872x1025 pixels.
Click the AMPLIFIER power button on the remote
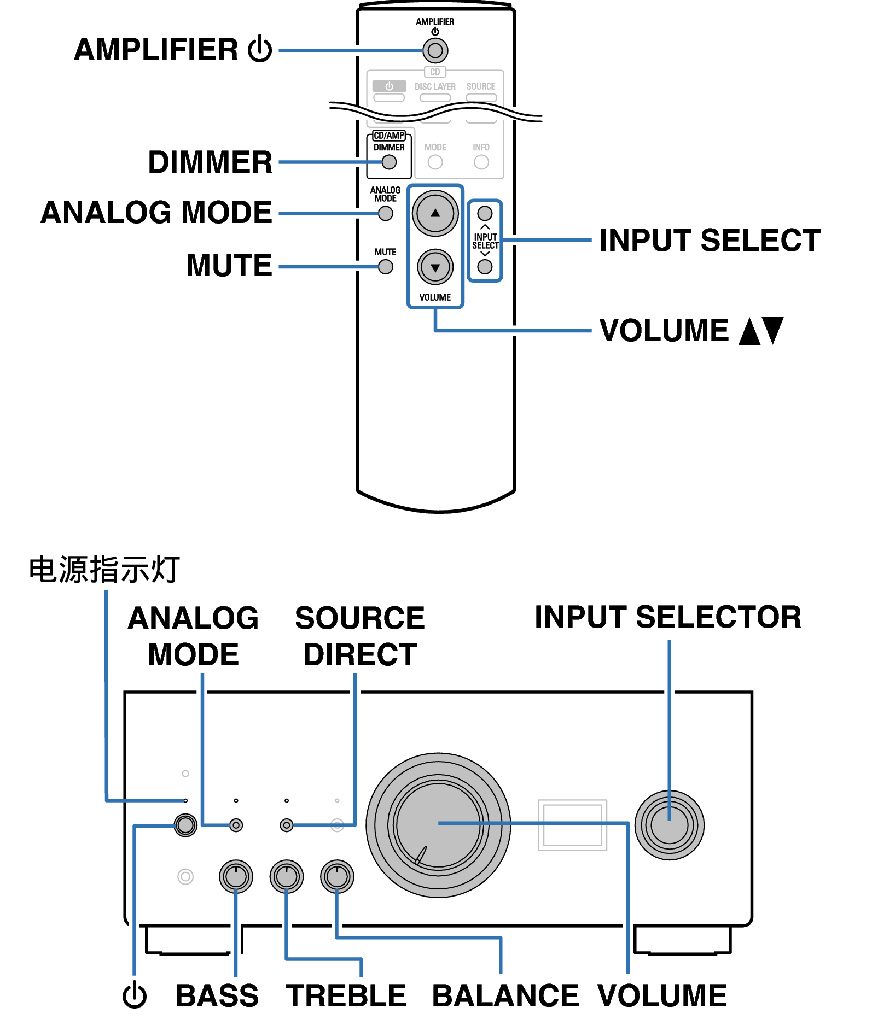tap(435, 51)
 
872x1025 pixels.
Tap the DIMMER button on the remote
tap(389, 162)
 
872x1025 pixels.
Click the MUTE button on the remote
tap(386, 267)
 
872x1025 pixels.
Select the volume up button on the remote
tap(435, 213)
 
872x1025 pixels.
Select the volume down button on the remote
tap(435, 267)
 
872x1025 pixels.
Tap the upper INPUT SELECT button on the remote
tap(485, 213)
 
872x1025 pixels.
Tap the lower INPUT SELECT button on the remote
tap(485, 267)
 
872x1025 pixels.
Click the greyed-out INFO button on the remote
tap(481, 162)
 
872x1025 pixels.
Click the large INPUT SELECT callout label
tap(710, 241)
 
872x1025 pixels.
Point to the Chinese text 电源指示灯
tap(104, 570)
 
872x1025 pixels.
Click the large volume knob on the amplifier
tap(438, 825)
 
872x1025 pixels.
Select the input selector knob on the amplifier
tap(669, 825)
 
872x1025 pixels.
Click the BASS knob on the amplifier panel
tap(236, 876)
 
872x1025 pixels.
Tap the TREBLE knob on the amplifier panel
tap(286, 876)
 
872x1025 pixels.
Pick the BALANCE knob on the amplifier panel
tap(337, 876)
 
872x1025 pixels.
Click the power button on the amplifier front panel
tap(185, 825)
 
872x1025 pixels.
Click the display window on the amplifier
tap(572, 825)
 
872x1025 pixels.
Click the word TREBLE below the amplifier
tap(346, 995)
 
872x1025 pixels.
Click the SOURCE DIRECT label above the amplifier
tap(360, 636)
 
